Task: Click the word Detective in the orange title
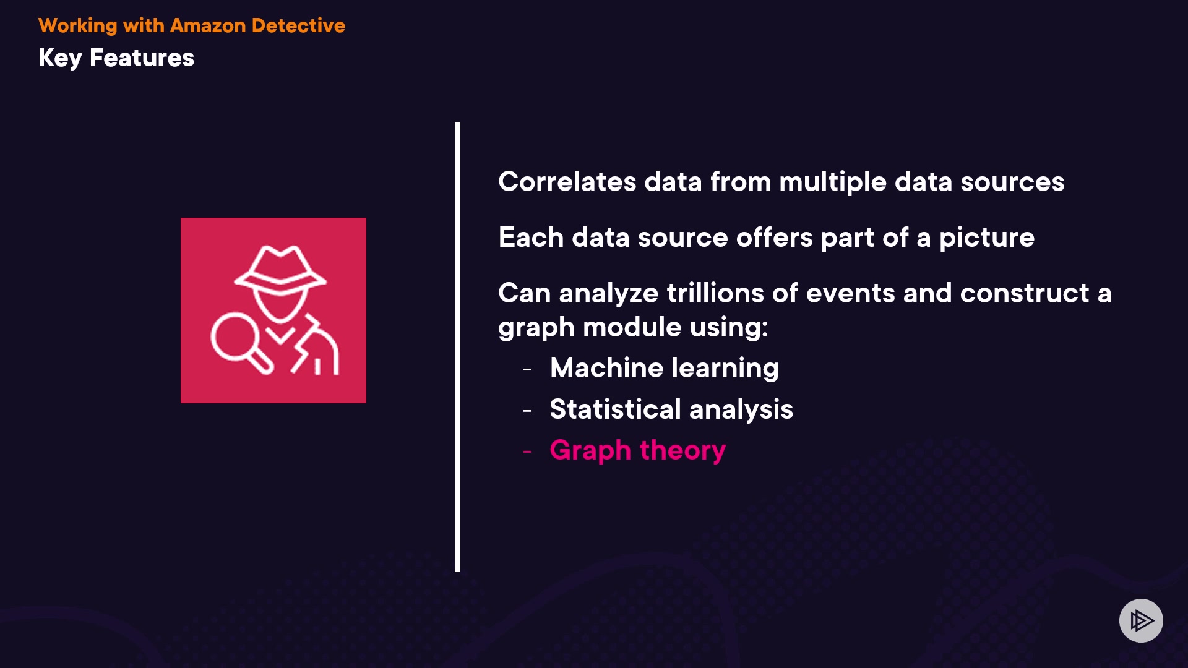click(x=298, y=25)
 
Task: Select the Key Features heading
click(x=116, y=58)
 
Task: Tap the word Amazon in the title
click(x=208, y=25)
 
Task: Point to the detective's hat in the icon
click(x=280, y=268)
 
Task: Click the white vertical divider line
click(x=457, y=347)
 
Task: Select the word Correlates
click(x=567, y=182)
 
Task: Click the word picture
click(x=987, y=238)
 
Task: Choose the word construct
click(x=1025, y=293)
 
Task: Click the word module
click(x=632, y=327)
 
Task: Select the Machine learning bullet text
click(x=665, y=369)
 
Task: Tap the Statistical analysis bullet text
click(x=671, y=409)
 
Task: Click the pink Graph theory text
click(x=638, y=451)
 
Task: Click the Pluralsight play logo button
click(x=1141, y=620)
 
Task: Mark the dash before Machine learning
click(x=527, y=370)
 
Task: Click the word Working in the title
click(x=78, y=26)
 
